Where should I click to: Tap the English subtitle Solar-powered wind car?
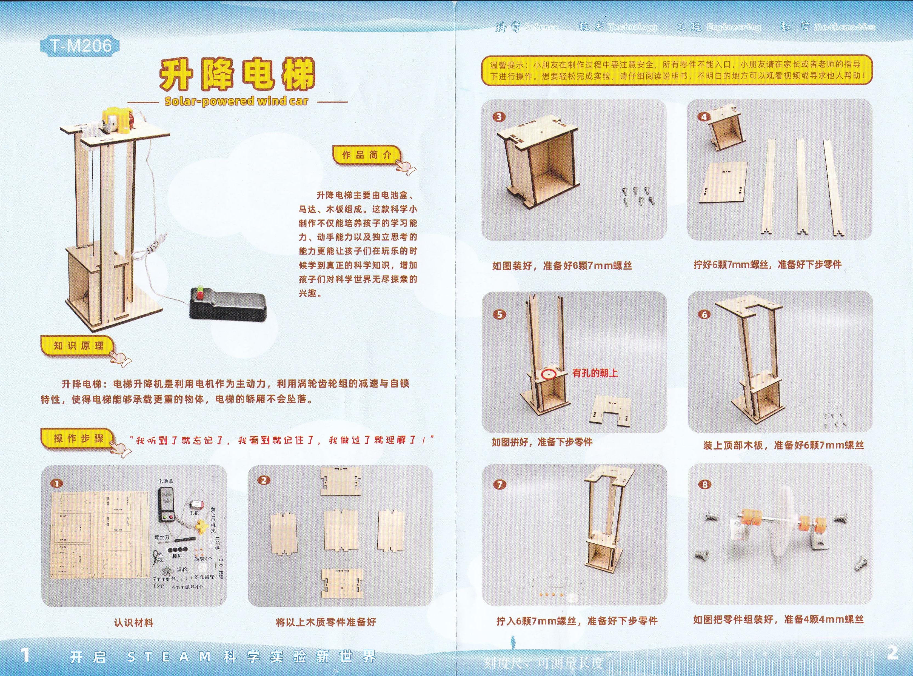pos(236,101)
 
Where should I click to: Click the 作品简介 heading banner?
pos(367,155)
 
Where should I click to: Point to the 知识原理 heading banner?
pos(78,346)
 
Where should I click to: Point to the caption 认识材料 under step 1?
pos(133,623)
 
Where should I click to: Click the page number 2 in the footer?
pos(892,654)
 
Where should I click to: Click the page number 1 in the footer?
pos(25,655)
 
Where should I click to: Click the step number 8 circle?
pos(704,485)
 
